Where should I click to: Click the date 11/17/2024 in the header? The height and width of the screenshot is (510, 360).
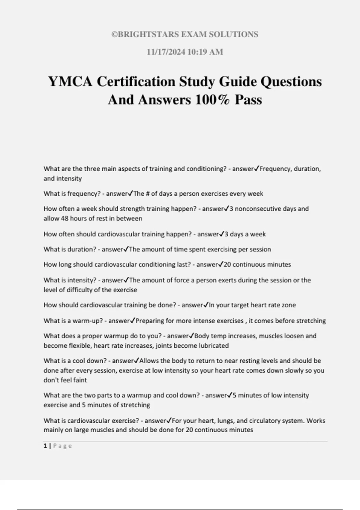166,52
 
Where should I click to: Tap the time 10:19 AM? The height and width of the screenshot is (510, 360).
205,52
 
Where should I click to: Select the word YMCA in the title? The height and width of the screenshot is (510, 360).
70,82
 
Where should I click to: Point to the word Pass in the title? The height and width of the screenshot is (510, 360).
248,100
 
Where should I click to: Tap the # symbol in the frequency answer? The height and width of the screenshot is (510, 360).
148,194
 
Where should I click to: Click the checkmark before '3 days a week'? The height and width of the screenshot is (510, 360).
222,234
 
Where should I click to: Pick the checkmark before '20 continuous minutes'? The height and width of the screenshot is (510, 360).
221,264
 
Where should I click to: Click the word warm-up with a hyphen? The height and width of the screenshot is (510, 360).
91,321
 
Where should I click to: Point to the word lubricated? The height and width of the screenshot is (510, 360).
214,346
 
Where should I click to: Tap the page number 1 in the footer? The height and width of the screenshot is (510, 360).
45,446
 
